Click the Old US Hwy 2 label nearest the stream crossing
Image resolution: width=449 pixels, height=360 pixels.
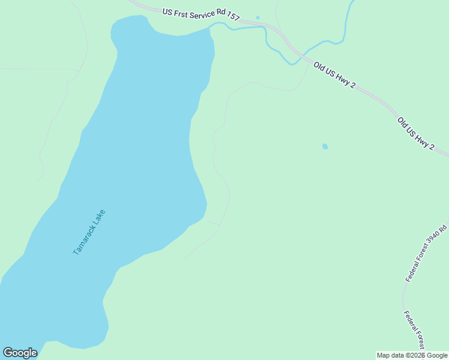click(x=333, y=76)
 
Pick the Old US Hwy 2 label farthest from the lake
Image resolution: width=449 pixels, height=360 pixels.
click(x=415, y=133)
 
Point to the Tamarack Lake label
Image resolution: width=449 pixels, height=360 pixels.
click(x=89, y=232)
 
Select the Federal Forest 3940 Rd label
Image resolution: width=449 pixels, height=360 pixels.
click(x=427, y=253)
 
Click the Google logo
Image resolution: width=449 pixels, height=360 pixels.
click(x=20, y=353)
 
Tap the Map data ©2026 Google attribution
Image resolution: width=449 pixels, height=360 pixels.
click(x=412, y=355)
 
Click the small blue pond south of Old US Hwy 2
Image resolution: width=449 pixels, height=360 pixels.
click(x=325, y=146)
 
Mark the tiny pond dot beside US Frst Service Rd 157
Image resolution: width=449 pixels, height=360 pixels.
click(x=258, y=17)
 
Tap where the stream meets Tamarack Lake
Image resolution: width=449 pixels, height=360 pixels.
click(x=211, y=27)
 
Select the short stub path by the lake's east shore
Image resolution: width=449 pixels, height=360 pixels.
click(x=214, y=223)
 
